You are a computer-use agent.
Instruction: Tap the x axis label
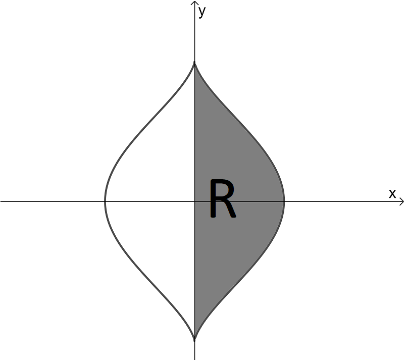pyautogui.click(x=392, y=193)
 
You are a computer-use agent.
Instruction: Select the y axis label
pyautogui.click(x=202, y=12)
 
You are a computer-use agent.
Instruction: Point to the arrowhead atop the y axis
pyautogui.click(x=194, y=3)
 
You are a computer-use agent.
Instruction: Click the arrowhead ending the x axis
pyautogui.click(x=401, y=201)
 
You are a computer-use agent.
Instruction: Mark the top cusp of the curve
pyautogui.click(x=194, y=62)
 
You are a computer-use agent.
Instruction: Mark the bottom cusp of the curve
pyautogui.click(x=194, y=341)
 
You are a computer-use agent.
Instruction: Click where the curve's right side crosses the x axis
pyautogui.click(x=284, y=201)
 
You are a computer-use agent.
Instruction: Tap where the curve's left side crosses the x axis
pyautogui.click(x=105, y=201)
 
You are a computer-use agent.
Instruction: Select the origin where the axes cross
pyautogui.click(x=194, y=201)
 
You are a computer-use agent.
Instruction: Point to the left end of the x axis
pyautogui.click(x=1, y=201)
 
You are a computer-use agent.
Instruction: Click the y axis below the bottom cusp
pyautogui.click(x=194, y=351)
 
